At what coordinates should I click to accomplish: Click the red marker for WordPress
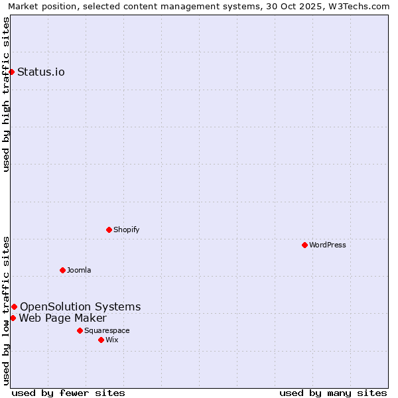(304, 245)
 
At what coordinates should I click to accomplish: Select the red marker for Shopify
(109, 230)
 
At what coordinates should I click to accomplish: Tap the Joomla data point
(62, 270)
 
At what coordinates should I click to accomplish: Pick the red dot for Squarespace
(80, 330)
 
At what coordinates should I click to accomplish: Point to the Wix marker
(101, 340)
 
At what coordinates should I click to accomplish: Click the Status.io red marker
(12, 72)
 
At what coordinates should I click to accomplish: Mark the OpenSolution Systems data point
(14, 306)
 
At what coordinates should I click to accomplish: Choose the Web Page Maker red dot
(13, 318)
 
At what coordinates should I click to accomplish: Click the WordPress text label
(328, 245)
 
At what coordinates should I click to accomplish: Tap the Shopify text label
(127, 230)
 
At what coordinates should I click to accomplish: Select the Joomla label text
(79, 270)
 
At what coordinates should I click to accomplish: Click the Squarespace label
(107, 330)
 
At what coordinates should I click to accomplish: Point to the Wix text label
(112, 340)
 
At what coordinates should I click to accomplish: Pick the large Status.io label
(41, 72)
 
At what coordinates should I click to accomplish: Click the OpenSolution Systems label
(80, 306)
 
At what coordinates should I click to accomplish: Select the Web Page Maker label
(62, 318)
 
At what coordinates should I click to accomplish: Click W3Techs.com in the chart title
(357, 7)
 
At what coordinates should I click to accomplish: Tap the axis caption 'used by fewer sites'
(68, 393)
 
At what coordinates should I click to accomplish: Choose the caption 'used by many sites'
(333, 393)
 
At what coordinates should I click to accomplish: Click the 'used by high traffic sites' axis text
(7, 94)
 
